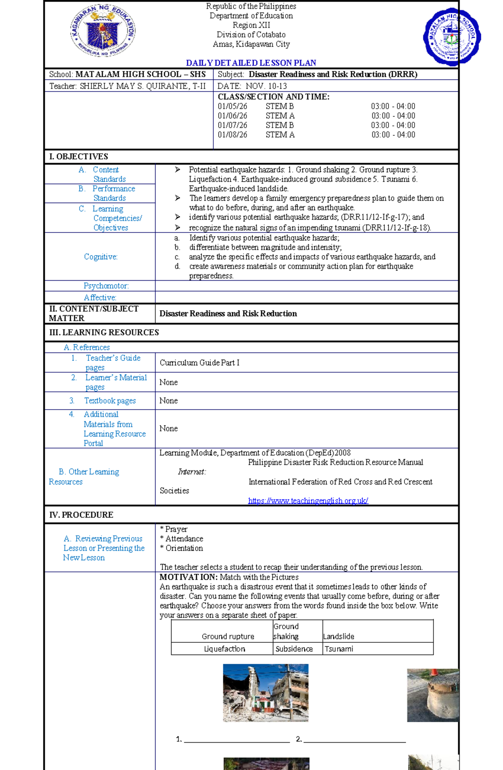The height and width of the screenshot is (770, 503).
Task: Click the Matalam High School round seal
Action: [x=451, y=37]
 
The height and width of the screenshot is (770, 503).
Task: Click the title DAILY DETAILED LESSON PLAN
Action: [x=251, y=63]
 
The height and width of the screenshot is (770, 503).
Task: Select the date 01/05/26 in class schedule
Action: [x=232, y=106]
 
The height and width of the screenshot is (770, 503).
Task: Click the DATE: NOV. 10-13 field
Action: [x=252, y=86]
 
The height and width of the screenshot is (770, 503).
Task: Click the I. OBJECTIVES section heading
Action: [x=78, y=157]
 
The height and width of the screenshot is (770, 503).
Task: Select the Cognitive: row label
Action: [x=101, y=257]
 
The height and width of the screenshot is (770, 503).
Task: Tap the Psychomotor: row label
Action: [x=106, y=286]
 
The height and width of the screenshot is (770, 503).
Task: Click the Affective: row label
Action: [x=100, y=298]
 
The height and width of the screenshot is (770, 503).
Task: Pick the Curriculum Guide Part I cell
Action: [x=200, y=363]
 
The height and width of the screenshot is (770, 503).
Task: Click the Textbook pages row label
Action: [x=110, y=401]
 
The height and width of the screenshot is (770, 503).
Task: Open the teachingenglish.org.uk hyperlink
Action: [x=308, y=501]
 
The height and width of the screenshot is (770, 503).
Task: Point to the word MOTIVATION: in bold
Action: [x=188, y=577]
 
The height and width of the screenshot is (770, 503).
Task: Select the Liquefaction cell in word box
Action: [x=224, y=649]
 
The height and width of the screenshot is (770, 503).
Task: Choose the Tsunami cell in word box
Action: [x=339, y=649]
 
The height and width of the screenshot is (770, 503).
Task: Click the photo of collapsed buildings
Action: [x=265, y=693]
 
